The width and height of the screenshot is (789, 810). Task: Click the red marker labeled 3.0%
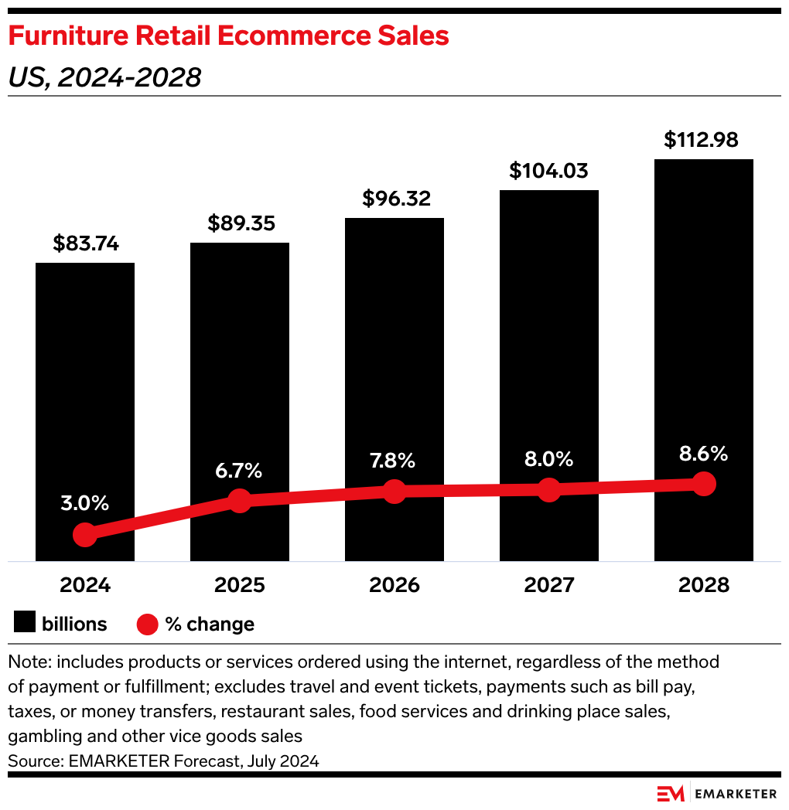85,534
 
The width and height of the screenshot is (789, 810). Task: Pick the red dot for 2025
240,501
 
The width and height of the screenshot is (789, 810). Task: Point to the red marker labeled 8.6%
704,484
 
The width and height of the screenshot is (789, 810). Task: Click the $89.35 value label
240,223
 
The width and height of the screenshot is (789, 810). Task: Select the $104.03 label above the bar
549,171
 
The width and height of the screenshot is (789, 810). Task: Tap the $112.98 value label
702,140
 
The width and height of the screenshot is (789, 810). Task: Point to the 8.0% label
549,460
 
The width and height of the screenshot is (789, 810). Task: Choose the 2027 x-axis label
549,585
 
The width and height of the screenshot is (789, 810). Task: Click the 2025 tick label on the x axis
240,585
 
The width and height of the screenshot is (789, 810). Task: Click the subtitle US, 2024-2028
104,77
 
